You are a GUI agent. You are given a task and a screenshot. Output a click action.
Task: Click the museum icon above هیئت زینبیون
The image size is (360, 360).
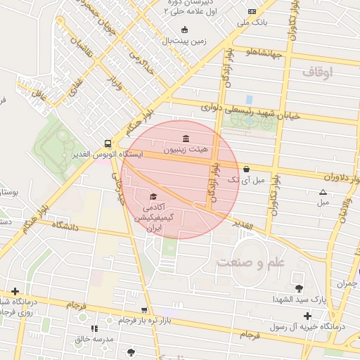pyautogui.click(x=185, y=138)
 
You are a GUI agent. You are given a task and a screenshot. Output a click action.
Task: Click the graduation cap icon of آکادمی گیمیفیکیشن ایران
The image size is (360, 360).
pyautogui.click(x=153, y=196)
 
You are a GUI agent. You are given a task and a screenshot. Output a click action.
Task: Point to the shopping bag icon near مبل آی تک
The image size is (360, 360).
pyautogui.click(x=246, y=169)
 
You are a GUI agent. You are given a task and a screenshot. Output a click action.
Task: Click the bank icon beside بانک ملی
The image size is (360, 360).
pyautogui.click(x=252, y=12)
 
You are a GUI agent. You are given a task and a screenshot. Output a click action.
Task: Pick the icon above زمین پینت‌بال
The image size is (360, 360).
pyautogui.click(x=184, y=30)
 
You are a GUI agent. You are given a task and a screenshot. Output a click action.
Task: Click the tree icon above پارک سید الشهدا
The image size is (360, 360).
pyautogui.click(x=299, y=288)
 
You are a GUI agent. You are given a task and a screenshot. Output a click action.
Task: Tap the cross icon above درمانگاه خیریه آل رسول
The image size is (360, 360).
pyautogui.click(x=307, y=316)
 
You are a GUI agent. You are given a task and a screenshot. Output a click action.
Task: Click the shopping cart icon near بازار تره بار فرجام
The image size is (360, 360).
pyautogui.click(x=144, y=309)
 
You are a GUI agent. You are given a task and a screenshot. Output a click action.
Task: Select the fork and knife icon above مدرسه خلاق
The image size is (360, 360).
pyautogui.click(x=94, y=328)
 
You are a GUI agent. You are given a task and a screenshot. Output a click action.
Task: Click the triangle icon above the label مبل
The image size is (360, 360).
pyautogui.click(x=323, y=192)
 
